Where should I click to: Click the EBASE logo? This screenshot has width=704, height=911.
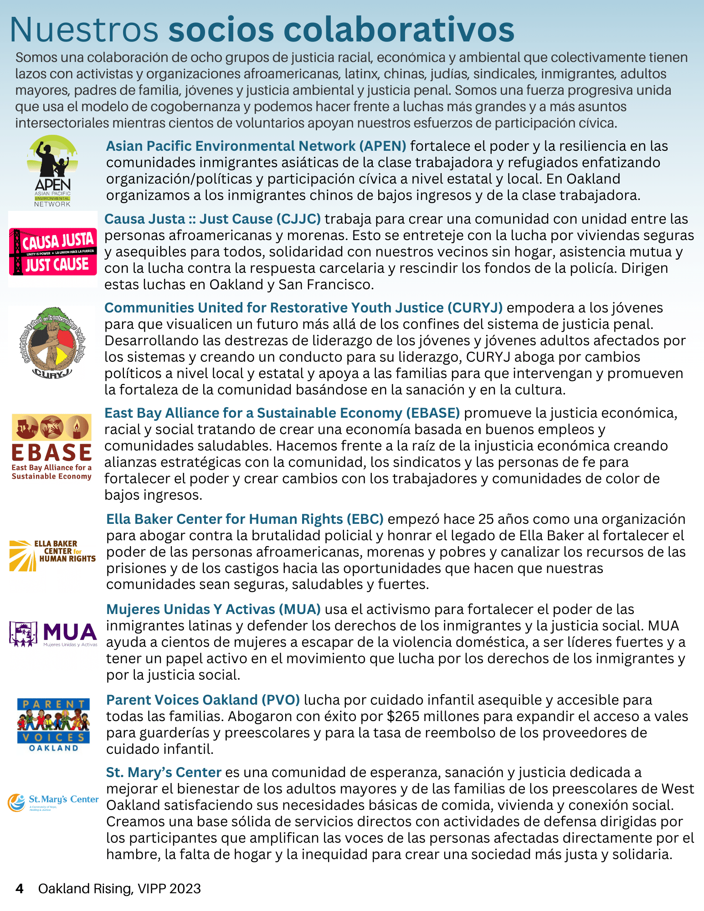click(51, 447)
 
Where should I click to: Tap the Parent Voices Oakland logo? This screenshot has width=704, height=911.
click(53, 724)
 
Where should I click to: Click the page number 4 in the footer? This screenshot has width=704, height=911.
click(19, 888)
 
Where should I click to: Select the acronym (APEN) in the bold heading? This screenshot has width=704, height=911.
click(382, 146)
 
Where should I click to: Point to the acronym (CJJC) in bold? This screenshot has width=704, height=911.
click(298, 219)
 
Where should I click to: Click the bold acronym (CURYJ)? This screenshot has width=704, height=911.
click(475, 308)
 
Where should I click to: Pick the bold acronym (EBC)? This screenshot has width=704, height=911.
click(365, 519)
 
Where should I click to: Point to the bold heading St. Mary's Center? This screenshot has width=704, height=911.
click(164, 773)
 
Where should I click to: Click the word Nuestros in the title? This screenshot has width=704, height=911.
click(84, 30)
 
